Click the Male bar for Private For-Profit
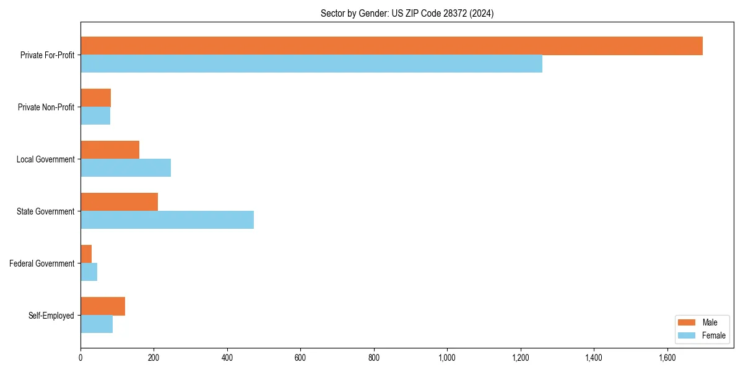pos(391,46)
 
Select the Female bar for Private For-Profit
pos(311,64)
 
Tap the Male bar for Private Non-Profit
pos(95,98)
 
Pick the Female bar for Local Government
pos(126,168)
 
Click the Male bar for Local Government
pos(110,150)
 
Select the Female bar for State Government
pos(167,220)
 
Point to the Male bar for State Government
pos(119,202)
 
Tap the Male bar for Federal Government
pos(86,254)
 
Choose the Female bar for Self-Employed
pos(97,324)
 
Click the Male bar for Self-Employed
pos(103,306)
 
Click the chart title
pos(407,13)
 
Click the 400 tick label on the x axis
pos(227,358)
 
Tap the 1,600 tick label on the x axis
pos(667,358)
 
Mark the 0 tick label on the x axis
pos(80,358)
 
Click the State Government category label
pos(45,211)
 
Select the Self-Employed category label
pos(51,316)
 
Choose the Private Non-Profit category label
pos(46,107)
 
